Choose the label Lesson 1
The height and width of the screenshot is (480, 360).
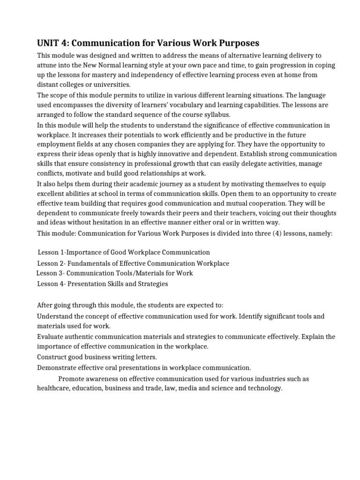pos(52,253)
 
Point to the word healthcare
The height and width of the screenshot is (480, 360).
pos(53,388)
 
